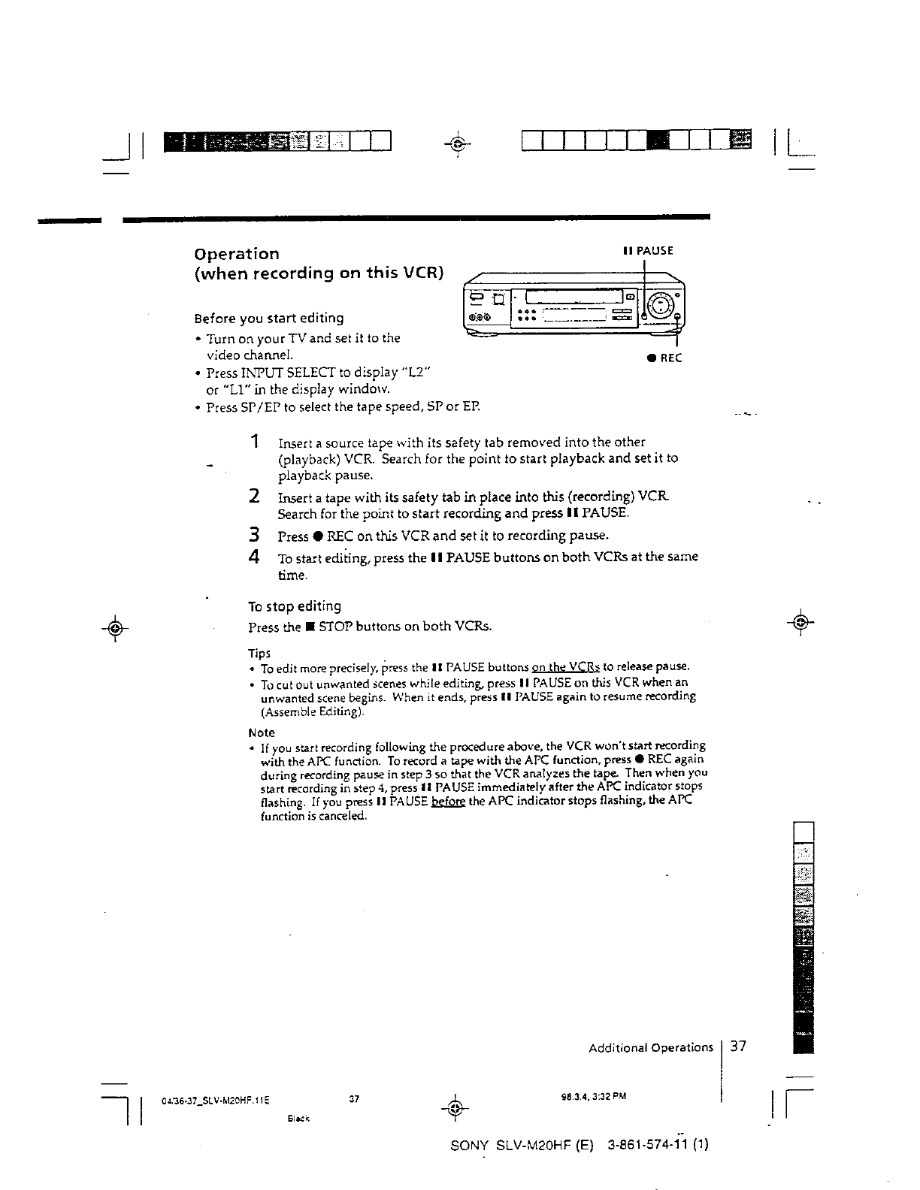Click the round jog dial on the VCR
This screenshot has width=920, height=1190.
pyautogui.click(x=659, y=304)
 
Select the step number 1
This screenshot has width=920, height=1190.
pyautogui.click(x=256, y=441)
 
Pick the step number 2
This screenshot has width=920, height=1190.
pyautogui.click(x=256, y=496)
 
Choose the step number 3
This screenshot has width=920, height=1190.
pyautogui.click(x=256, y=536)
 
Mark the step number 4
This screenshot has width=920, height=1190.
pyautogui.click(x=256, y=557)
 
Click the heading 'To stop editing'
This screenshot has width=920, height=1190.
pyautogui.click(x=295, y=606)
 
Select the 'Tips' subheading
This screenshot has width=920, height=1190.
pyautogui.click(x=259, y=653)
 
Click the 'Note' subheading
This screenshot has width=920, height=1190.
pyautogui.click(x=262, y=732)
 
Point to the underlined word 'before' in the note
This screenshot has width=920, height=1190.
pyautogui.click(x=448, y=801)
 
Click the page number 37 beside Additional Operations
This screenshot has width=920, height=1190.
pyautogui.click(x=737, y=1047)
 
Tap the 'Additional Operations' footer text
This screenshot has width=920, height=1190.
pyautogui.click(x=650, y=1047)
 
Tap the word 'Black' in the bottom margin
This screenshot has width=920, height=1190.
pyautogui.click(x=299, y=1118)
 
